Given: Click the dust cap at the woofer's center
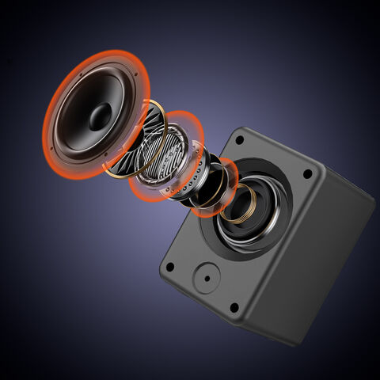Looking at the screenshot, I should point(100,117).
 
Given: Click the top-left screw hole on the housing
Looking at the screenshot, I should point(237,139).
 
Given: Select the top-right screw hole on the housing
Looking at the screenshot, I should point(307,174).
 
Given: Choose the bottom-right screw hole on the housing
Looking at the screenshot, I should point(234,307).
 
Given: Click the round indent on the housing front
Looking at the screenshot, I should point(207,278).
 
